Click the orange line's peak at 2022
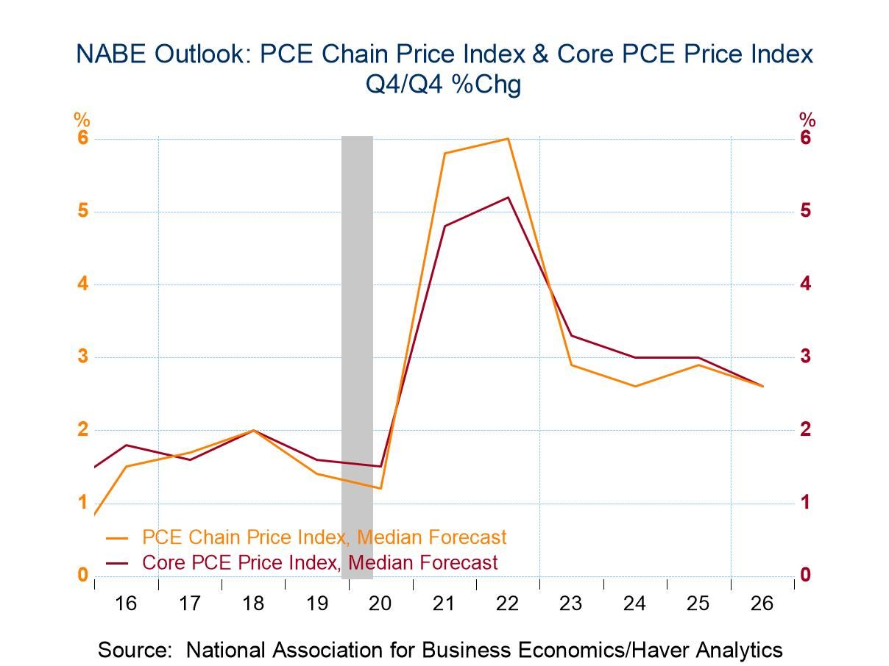click(508, 139)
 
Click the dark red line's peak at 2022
click(508, 197)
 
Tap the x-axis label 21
click(444, 604)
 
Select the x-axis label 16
click(126, 604)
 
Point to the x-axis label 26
click(762, 604)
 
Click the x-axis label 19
click(316, 604)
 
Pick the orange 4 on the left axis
click(82, 284)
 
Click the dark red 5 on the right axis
click(806, 211)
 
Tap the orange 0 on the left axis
click(82, 575)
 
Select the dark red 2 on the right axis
click(806, 429)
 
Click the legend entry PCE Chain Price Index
click(324, 537)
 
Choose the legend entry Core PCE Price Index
click(319, 563)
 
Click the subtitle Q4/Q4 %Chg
click(444, 85)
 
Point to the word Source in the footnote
click(137, 650)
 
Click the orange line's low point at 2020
click(380, 488)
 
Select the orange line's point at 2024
click(635, 386)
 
